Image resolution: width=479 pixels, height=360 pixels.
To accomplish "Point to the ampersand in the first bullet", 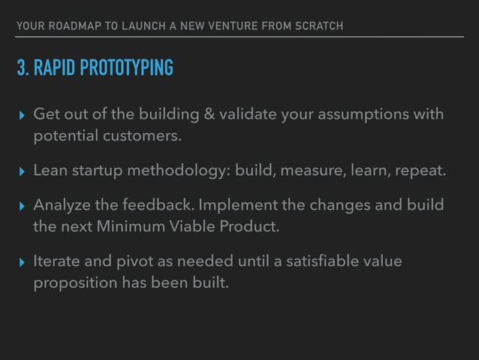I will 208,114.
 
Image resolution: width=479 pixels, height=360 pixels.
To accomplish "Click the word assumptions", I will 364,114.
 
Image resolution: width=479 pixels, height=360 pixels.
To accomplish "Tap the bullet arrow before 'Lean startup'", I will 21,171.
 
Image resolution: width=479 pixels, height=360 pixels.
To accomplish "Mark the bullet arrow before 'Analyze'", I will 21,205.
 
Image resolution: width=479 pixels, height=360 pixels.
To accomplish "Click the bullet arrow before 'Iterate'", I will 21,262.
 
